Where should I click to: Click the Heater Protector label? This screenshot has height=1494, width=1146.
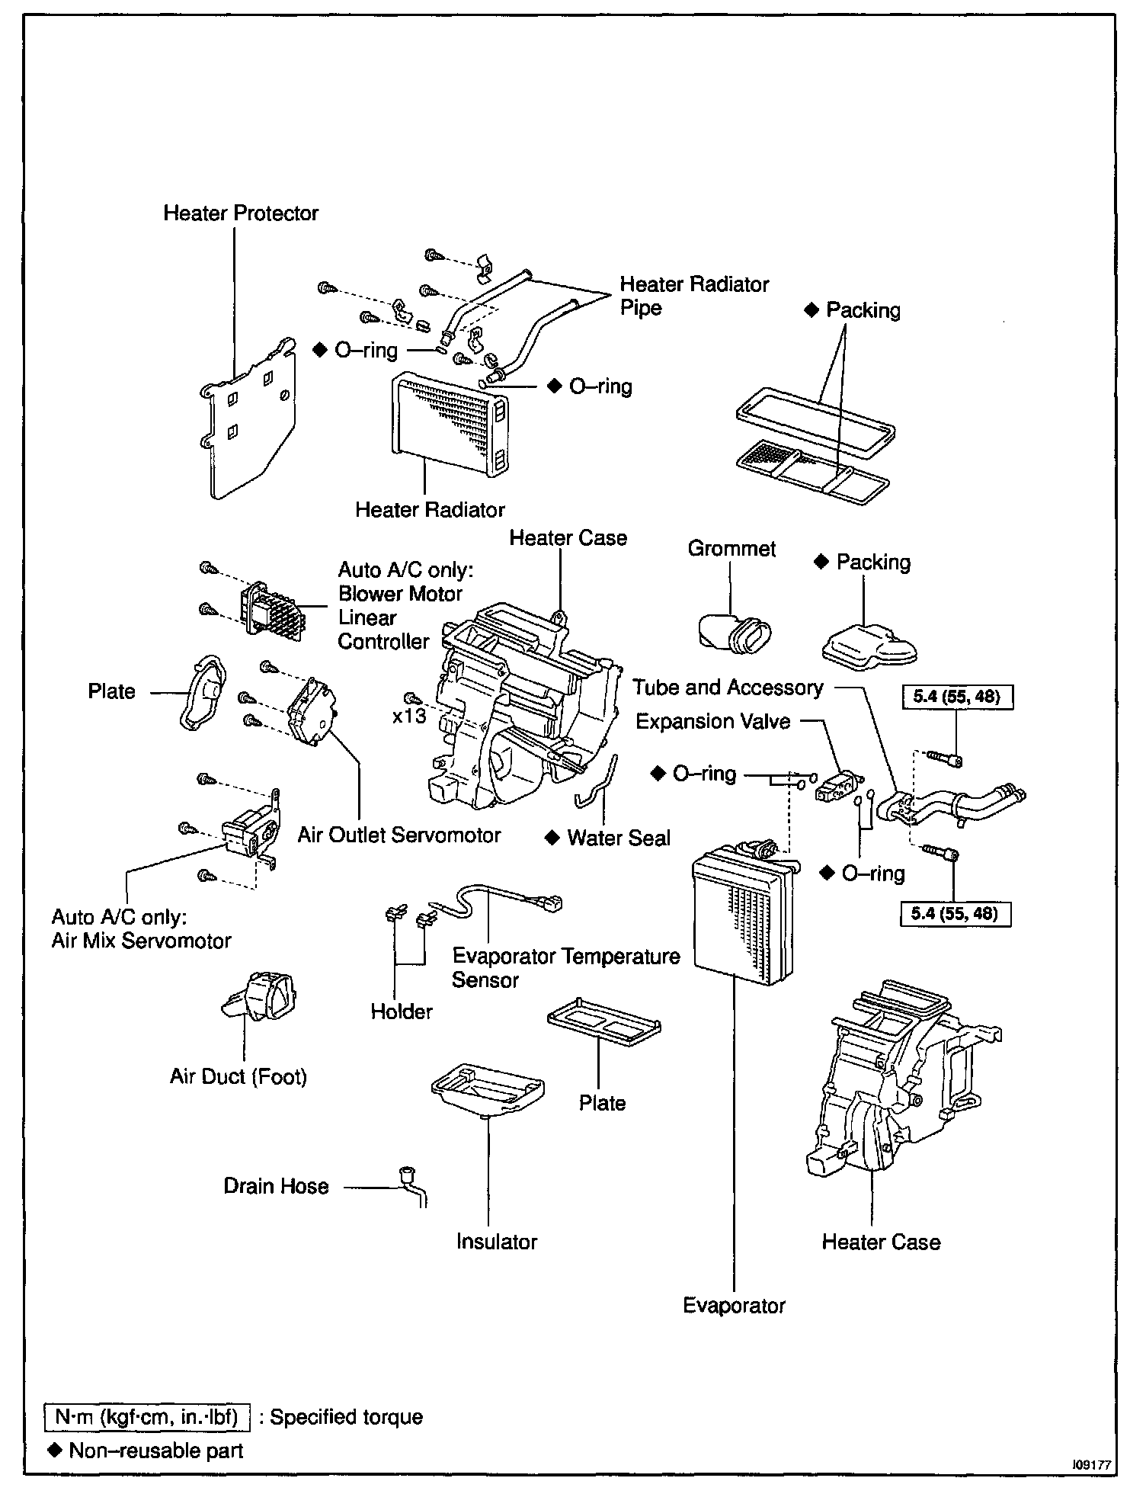tap(241, 213)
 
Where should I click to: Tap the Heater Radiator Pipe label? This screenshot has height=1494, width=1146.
tap(693, 296)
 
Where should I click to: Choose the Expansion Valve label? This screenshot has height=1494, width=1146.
tap(712, 722)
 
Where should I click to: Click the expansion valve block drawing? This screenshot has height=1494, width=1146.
tap(836, 787)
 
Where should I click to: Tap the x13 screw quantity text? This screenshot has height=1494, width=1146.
tap(409, 717)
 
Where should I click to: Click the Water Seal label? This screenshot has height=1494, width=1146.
tap(619, 838)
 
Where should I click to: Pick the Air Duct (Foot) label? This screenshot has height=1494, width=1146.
tap(238, 1076)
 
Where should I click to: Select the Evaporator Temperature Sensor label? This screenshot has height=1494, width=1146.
tap(565, 968)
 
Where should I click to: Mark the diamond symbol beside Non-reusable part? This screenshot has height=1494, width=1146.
tap(54, 1450)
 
